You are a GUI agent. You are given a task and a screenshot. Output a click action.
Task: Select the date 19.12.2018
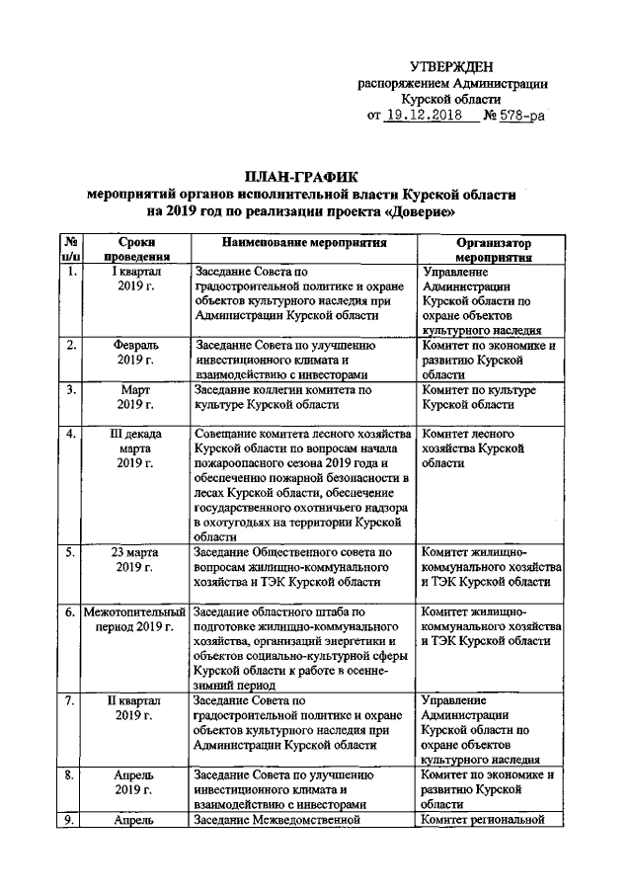coord(426,116)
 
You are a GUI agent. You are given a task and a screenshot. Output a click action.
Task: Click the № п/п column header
coord(71,248)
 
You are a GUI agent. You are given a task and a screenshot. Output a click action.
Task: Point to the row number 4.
coord(71,434)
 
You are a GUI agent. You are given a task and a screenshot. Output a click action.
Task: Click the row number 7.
coord(71,700)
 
